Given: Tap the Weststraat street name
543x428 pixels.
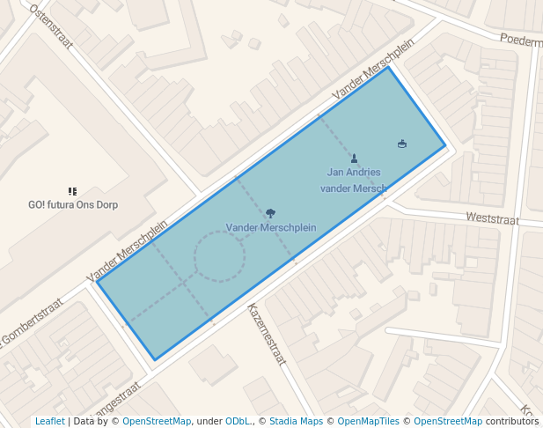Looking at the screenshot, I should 492,218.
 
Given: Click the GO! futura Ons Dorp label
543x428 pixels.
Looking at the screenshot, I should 73,204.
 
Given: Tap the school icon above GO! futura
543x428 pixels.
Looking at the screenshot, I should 72,191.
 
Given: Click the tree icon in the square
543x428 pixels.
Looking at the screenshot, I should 270,212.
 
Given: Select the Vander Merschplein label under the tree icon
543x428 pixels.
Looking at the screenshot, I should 270,227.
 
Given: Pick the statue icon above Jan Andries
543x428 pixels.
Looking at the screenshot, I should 354,159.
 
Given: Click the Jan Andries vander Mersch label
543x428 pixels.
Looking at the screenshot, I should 354,180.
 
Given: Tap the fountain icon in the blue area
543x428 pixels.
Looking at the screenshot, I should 402,143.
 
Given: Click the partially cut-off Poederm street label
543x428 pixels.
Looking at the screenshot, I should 520,40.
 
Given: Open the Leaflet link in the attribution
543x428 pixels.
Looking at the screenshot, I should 49,421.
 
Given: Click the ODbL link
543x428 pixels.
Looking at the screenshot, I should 238,421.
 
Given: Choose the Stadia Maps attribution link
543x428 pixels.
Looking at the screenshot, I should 296,421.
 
